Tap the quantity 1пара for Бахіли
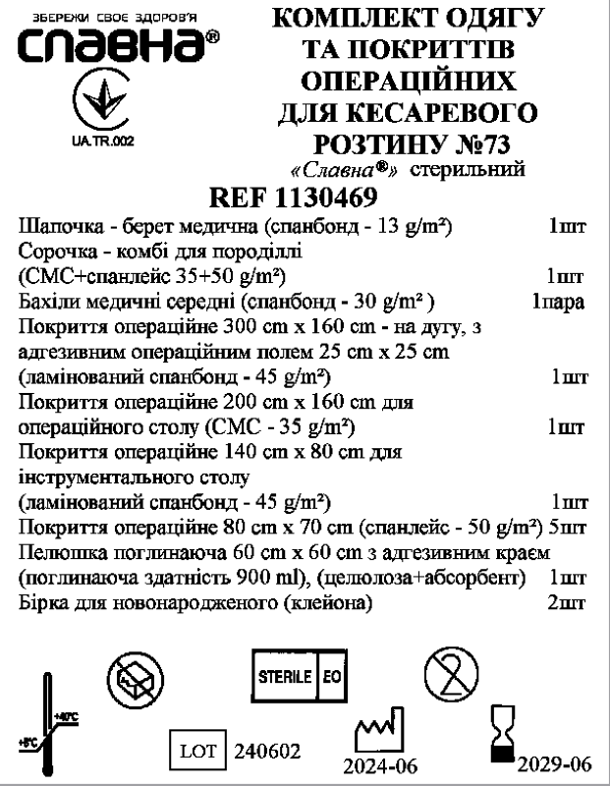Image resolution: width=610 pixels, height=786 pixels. (559, 300)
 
